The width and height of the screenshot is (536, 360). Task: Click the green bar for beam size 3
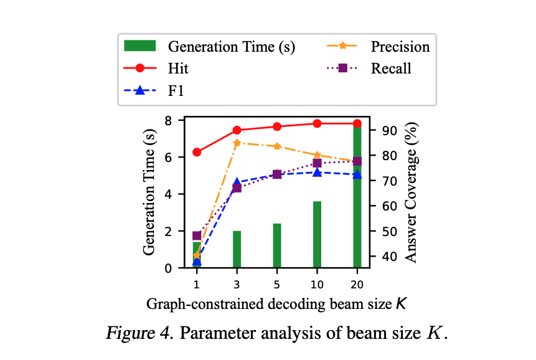tap(237, 249)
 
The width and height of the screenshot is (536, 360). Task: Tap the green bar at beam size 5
tap(277, 245)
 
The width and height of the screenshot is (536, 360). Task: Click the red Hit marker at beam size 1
tap(197, 152)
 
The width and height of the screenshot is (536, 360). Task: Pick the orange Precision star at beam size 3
tap(237, 143)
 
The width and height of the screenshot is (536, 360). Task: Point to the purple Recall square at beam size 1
tap(197, 235)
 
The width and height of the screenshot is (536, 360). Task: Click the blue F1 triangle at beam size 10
tap(317, 172)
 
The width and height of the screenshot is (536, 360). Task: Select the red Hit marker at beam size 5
tap(277, 126)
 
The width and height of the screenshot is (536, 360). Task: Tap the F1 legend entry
tap(177, 90)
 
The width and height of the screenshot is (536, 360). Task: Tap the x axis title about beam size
tap(277, 304)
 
